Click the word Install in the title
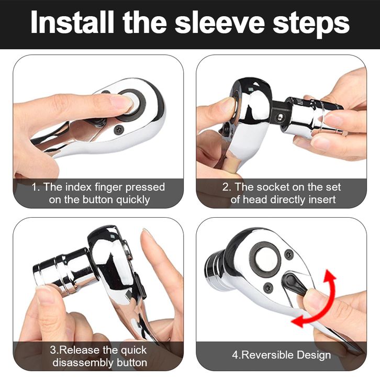click(72, 22)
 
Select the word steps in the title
click(311, 24)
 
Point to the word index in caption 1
click(79, 187)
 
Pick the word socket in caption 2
click(273, 187)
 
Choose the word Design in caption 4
click(314, 355)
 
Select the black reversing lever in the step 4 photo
click(295, 284)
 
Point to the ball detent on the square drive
click(280, 118)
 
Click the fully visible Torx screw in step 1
click(119, 130)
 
